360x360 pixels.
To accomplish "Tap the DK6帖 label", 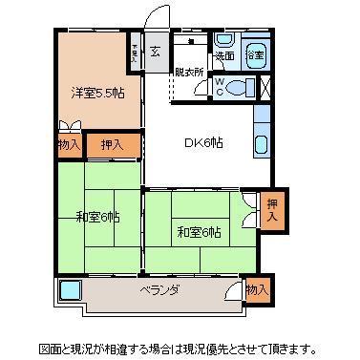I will click(203, 143).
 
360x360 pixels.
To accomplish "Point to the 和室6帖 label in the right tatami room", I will click(199, 231).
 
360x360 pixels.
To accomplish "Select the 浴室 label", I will click(255, 57).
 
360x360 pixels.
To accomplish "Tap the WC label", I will click(220, 88).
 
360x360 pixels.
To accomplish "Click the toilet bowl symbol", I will click(242, 87).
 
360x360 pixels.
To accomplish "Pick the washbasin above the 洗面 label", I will click(223, 40).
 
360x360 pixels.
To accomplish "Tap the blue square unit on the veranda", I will click(70, 290).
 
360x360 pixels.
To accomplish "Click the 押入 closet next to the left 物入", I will click(112, 146).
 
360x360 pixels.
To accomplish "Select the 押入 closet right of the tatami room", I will click(271, 210).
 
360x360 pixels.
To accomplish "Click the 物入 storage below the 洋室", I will click(69, 145).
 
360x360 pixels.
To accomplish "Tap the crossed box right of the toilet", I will click(265, 87).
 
